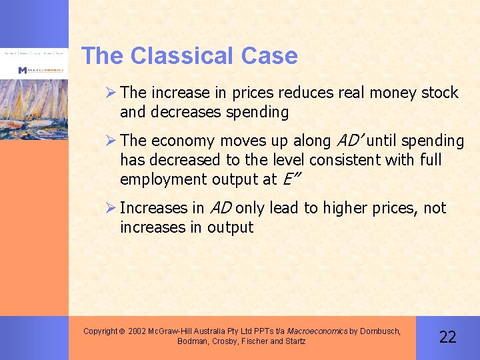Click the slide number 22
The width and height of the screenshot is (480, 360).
click(447, 337)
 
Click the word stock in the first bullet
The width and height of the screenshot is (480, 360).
click(439, 93)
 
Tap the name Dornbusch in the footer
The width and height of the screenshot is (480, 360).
click(379, 331)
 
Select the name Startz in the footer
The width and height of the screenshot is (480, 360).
click(293, 341)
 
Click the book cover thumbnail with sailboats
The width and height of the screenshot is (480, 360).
click(34, 100)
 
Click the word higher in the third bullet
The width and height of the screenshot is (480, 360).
click(345, 208)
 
